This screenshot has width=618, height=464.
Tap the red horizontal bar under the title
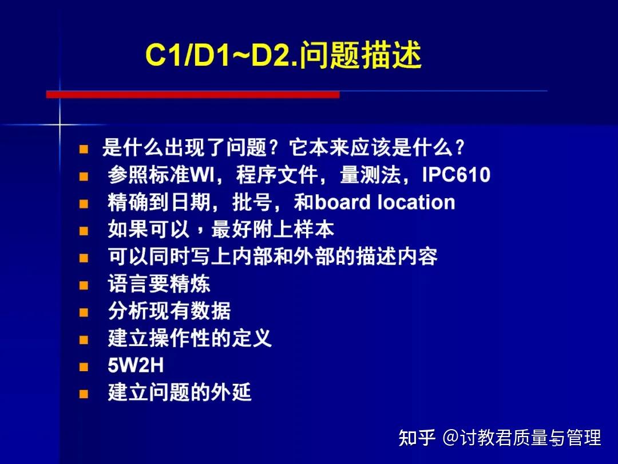[x=193, y=95]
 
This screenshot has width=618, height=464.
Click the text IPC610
[x=456, y=175]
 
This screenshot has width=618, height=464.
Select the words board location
[x=385, y=202]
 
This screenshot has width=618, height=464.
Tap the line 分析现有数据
[x=169, y=312]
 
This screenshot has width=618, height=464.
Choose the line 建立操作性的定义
[x=189, y=339]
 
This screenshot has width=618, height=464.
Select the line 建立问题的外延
[x=180, y=393]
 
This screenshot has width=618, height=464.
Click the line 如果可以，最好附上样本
[x=221, y=230]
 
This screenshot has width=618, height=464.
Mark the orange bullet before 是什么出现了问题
[x=84, y=150]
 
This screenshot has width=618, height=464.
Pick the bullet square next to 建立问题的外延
[x=84, y=394]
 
